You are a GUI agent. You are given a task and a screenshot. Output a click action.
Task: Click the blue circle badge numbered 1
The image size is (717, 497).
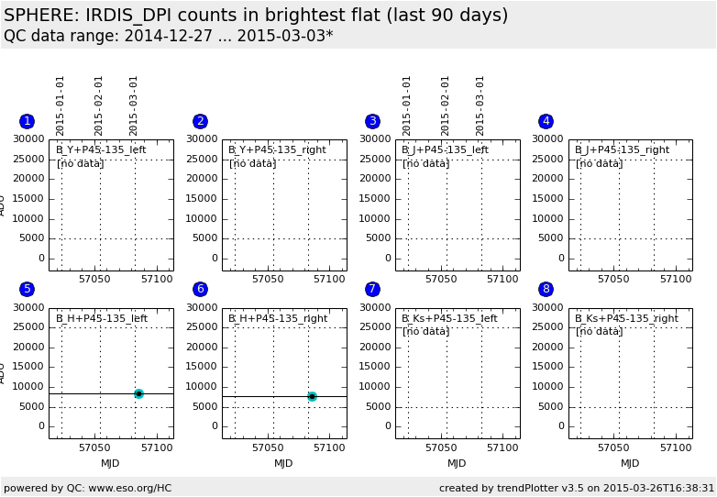coord(27,121)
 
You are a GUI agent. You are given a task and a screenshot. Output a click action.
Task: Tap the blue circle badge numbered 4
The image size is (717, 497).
coord(546,121)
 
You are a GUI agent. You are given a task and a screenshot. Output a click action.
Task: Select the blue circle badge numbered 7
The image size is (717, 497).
coord(372,289)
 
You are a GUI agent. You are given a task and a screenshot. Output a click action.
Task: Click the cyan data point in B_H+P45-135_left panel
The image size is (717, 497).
coord(138,393)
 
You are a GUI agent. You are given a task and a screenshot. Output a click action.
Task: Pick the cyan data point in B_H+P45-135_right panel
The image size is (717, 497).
coord(312,396)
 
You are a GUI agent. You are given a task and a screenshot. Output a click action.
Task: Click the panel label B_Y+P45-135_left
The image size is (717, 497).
coord(101,149)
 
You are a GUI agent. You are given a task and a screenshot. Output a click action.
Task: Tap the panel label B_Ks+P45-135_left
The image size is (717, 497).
coord(449,318)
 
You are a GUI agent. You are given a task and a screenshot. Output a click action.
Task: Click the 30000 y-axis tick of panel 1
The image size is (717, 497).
coord(28,139)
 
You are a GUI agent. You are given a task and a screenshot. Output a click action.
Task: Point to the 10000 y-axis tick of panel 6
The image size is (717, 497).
coord(202,387)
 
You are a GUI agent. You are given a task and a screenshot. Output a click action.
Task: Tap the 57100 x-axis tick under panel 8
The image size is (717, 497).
coord(676,447)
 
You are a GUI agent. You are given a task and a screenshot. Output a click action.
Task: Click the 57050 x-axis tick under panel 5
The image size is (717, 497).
coord(95,447)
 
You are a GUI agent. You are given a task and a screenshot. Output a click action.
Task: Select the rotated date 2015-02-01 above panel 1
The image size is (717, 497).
coord(99,105)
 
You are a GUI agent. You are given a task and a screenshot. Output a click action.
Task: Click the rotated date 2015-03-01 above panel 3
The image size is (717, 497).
coord(480,105)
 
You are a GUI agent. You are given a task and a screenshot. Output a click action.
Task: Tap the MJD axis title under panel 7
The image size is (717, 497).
coord(457,463)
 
